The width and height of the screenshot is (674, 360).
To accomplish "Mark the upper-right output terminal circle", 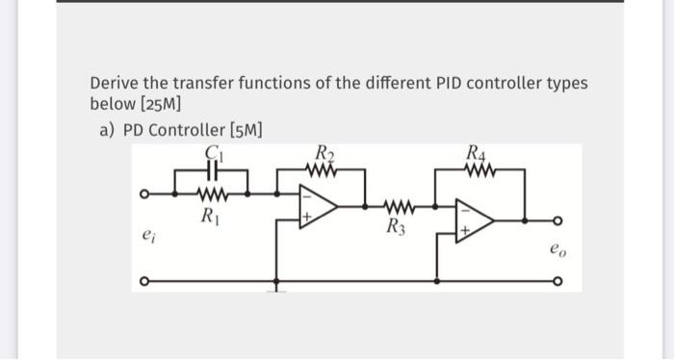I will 556,220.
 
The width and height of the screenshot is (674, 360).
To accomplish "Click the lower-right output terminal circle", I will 556,284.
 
